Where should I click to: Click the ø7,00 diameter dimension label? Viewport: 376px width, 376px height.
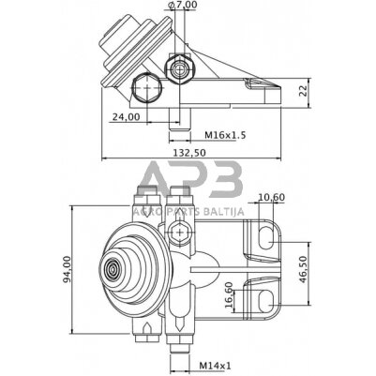coord(183,6)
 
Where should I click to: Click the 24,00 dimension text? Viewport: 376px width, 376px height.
coord(126,117)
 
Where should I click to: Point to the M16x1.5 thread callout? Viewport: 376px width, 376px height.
coord(225,135)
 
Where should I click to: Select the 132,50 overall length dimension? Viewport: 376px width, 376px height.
coord(190,153)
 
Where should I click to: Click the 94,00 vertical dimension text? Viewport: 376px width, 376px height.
coord(67,269)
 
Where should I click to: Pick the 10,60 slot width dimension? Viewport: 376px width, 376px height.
coord(272,197)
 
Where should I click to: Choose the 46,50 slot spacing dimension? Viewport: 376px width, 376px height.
coord(303,269)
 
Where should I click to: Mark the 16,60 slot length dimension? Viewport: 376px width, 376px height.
coord(229,295)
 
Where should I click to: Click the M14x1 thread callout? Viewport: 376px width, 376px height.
coord(215,366)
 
